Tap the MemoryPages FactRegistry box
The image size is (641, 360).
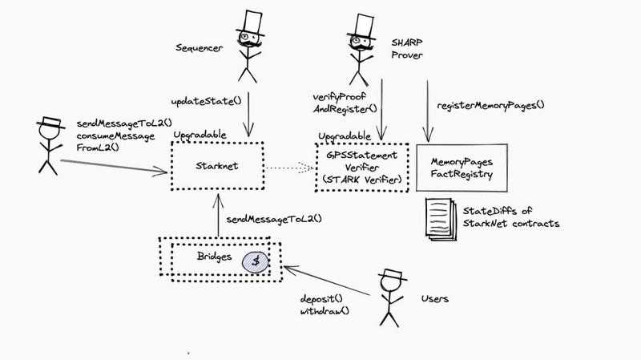point(462,167)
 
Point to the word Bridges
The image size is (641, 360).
point(215,257)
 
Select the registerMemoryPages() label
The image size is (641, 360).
point(490,105)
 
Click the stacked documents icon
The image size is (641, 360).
point(438,216)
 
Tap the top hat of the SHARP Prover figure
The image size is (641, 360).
point(363,22)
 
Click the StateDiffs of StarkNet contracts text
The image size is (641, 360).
point(510,216)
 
